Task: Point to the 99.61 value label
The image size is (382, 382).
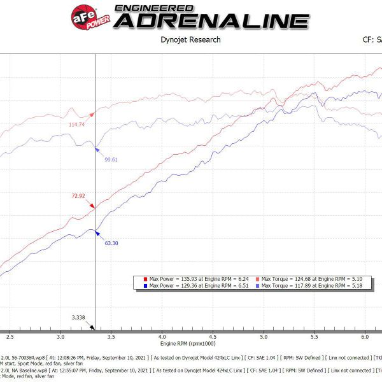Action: coord(113,159)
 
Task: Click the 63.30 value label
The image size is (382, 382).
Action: coord(112,243)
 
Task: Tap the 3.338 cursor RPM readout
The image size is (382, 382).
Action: coord(78,316)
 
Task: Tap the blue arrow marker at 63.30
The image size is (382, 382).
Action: coord(97,234)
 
